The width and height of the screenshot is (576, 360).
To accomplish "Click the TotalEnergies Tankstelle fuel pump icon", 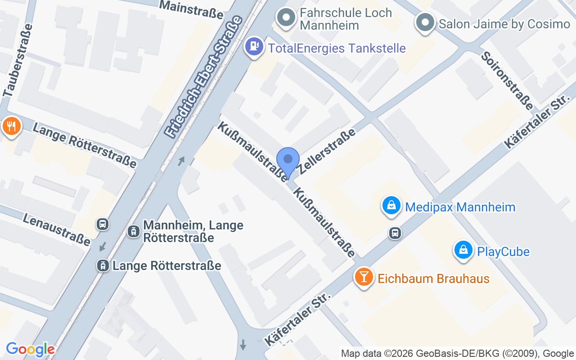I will coord(255,47).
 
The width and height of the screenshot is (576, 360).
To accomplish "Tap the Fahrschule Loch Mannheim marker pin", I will coord(286,18).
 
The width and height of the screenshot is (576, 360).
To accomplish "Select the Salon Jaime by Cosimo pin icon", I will coord(424,22).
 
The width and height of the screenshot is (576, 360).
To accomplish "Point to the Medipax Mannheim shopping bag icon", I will coord(391,206).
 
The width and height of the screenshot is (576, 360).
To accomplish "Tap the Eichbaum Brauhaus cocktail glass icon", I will coord(364,277).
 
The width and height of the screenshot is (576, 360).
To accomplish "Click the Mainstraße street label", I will coord(191,9).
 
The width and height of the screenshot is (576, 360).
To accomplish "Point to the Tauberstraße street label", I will coord(18,60).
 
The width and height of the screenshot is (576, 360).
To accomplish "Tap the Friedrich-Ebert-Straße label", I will coord(204,76).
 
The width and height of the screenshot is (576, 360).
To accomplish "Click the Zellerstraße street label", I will coord(327,151).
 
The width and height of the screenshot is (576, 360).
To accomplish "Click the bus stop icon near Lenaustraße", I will coord(103,224).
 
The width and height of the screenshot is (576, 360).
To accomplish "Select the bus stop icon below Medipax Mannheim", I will coord(395,233).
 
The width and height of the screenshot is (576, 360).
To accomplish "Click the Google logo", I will coord(30,349).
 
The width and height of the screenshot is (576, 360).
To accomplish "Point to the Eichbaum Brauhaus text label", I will coord(433,279).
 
